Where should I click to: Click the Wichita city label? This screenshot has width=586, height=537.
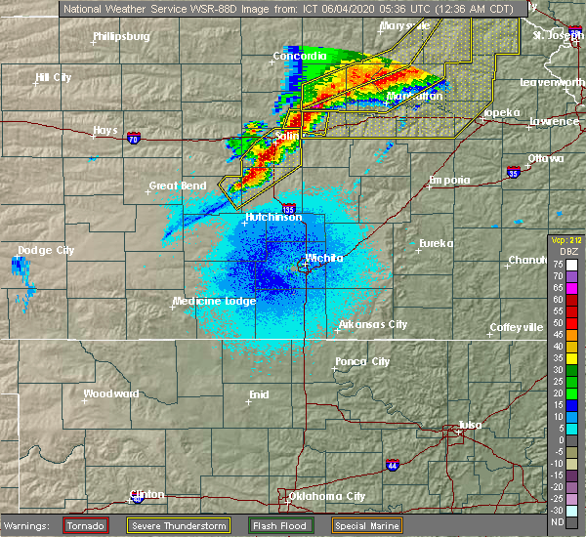(x=324, y=259)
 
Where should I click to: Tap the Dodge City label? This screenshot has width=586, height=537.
(x=46, y=251)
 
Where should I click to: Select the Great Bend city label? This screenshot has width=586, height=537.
(x=177, y=186)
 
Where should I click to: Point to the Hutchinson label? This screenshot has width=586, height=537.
(x=272, y=217)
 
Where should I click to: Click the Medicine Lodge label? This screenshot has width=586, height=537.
(x=214, y=301)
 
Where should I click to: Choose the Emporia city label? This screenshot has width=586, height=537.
(x=449, y=180)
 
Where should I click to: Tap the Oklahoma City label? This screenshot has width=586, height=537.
(x=326, y=496)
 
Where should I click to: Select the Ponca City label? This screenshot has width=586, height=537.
(x=362, y=361)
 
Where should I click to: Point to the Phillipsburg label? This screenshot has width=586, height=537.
(x=121, y=36)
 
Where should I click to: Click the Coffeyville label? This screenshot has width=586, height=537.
(x=516, y=327)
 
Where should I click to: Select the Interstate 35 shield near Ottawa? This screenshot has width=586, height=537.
(x=514, y=172)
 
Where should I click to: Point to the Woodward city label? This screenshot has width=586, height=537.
(x=111, y=393)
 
